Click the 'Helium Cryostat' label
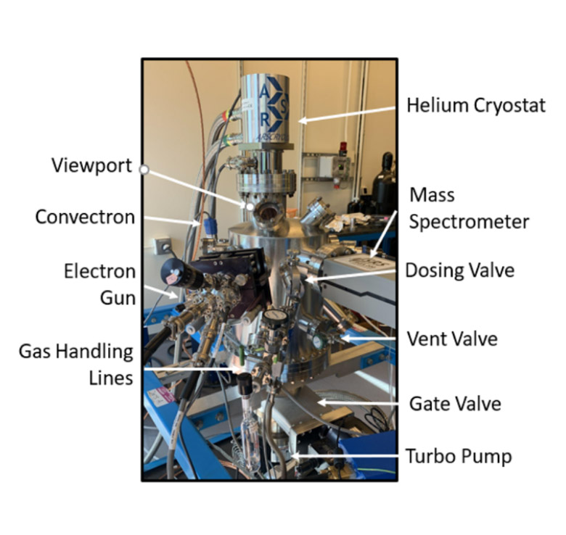tap(476, 106)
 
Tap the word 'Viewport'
tap(92, 165)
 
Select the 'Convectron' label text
tap(85, 216)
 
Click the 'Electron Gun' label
tap(100, 283)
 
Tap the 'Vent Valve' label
tap(452, 338)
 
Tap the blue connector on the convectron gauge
tap(208, 225)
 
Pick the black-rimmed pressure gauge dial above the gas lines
tap(274, 318)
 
